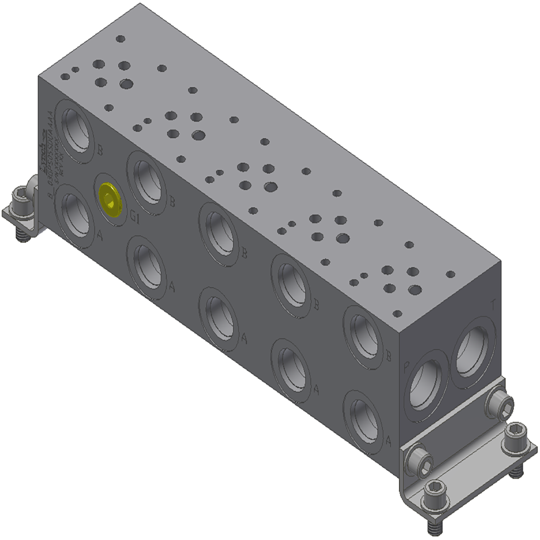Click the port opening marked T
coord(475,349)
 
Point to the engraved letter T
coord(492,305)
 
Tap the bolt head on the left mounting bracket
coord(20,196)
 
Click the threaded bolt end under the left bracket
coord(22,236)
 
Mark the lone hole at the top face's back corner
coord(120,40)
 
